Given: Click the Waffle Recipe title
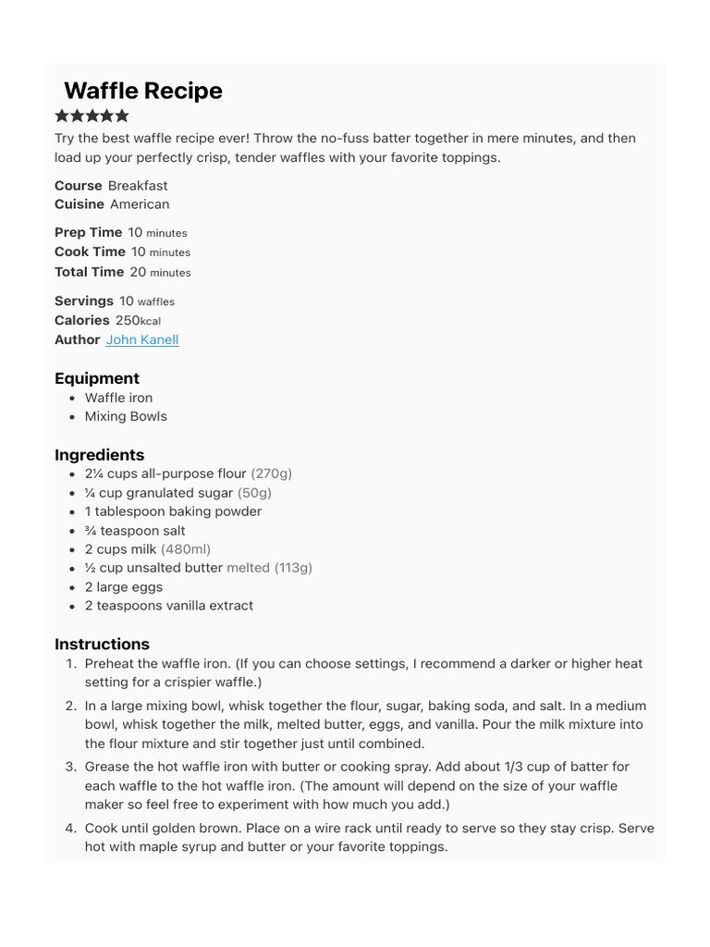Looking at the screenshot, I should pos(143,91).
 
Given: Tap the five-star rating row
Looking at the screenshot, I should pos(92,116).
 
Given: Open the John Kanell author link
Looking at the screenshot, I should pos(142,339).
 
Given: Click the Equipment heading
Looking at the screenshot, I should pos(97,378).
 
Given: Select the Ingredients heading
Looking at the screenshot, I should pos(100,455).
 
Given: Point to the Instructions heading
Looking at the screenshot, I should pos(102,644).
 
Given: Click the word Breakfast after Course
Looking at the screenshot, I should pos(138,185).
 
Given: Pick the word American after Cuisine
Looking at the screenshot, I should pos(140,203).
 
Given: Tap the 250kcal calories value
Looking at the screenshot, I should pos(138,320).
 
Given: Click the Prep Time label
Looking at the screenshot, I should pos(88,232).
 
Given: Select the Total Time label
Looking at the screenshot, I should pos(89,272).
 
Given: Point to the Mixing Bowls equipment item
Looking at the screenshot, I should pos(126,416).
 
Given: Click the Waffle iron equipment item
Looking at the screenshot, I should pos(118,398).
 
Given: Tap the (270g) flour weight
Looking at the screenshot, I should pos(271,473).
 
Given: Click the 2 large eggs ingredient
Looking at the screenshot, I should pos(124,587).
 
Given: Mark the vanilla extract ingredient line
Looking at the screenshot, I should pos(169,606).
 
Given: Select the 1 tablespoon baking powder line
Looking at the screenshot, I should pos(173,511).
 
